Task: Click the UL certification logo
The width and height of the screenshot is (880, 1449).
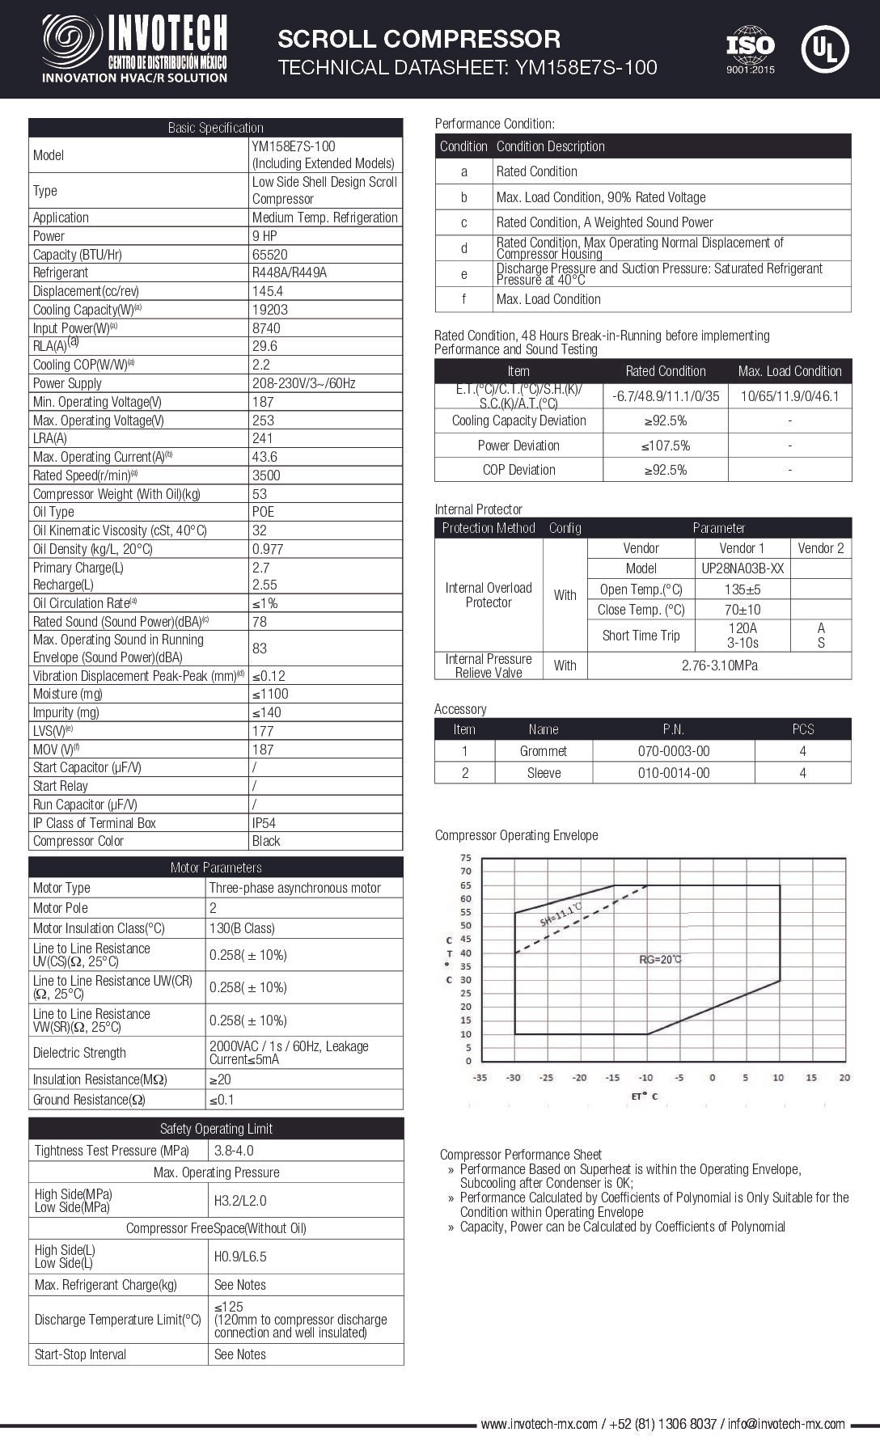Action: tap(824, 49)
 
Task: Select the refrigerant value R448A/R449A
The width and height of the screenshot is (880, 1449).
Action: tap(290, 272)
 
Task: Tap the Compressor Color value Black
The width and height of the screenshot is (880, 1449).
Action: tap(266, 841)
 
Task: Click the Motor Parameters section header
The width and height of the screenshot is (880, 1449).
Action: tap(216, 868)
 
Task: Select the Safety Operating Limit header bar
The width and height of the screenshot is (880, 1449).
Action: tap(216, 1129)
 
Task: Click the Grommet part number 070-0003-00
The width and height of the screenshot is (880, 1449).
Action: tap(673, 751)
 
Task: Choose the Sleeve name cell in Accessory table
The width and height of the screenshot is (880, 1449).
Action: tap(544, 773)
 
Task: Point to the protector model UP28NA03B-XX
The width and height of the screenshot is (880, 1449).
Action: tap(741, 568)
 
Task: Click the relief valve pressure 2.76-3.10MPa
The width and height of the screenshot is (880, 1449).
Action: tap(718, 665)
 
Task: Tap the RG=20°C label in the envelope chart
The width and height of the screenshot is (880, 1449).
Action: tap(661, 960)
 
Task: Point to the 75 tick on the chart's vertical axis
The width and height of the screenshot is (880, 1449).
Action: tap(465, 858)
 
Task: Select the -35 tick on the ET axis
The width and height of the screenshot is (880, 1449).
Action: tap(480, 1077)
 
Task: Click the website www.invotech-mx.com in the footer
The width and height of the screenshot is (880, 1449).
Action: tap(539, 1424)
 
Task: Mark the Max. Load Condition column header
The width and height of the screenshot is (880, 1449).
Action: tap(789, 371)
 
